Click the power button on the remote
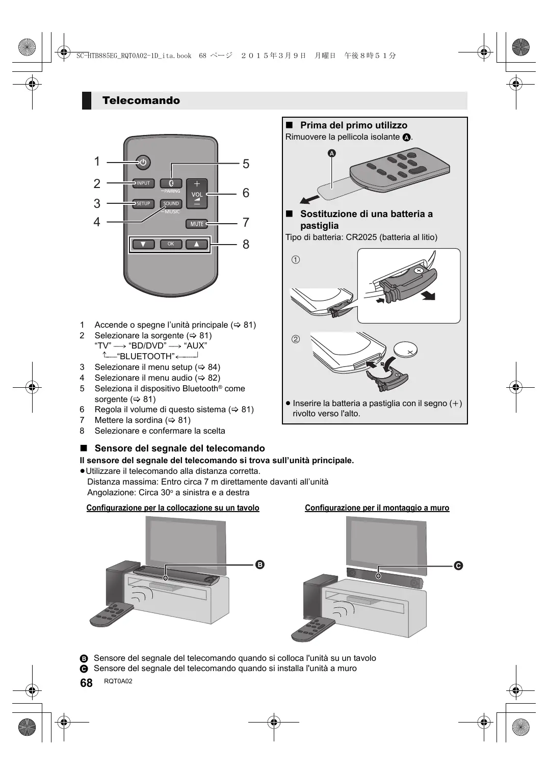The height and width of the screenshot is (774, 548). click(x=143, y=163)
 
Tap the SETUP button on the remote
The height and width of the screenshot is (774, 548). click(x=143, y=203)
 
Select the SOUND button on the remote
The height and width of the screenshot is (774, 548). click(x=171, y=203)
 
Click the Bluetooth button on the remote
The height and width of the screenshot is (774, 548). click(x=171, y=183)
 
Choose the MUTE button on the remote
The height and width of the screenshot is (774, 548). click(x=197, y=224)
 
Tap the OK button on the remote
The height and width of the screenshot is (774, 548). click(x=171, y=244)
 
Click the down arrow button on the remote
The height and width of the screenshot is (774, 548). click(x=144, y=244)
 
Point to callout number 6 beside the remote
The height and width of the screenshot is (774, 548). click(x=246, y=193)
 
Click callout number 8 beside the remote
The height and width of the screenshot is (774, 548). click(x=246, y=245)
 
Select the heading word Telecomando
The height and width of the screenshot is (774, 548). click(x=141, y=100)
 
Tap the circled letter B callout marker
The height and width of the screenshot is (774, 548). click(x=259, y=565)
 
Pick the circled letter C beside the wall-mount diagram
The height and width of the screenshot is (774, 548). click(x=458, y=566)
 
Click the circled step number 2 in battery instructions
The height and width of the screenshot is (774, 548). click(x=296, y=339)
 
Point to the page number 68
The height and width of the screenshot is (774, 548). click(x=87, y=683)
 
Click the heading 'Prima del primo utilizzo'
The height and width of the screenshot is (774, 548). click(x=353, y=125)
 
